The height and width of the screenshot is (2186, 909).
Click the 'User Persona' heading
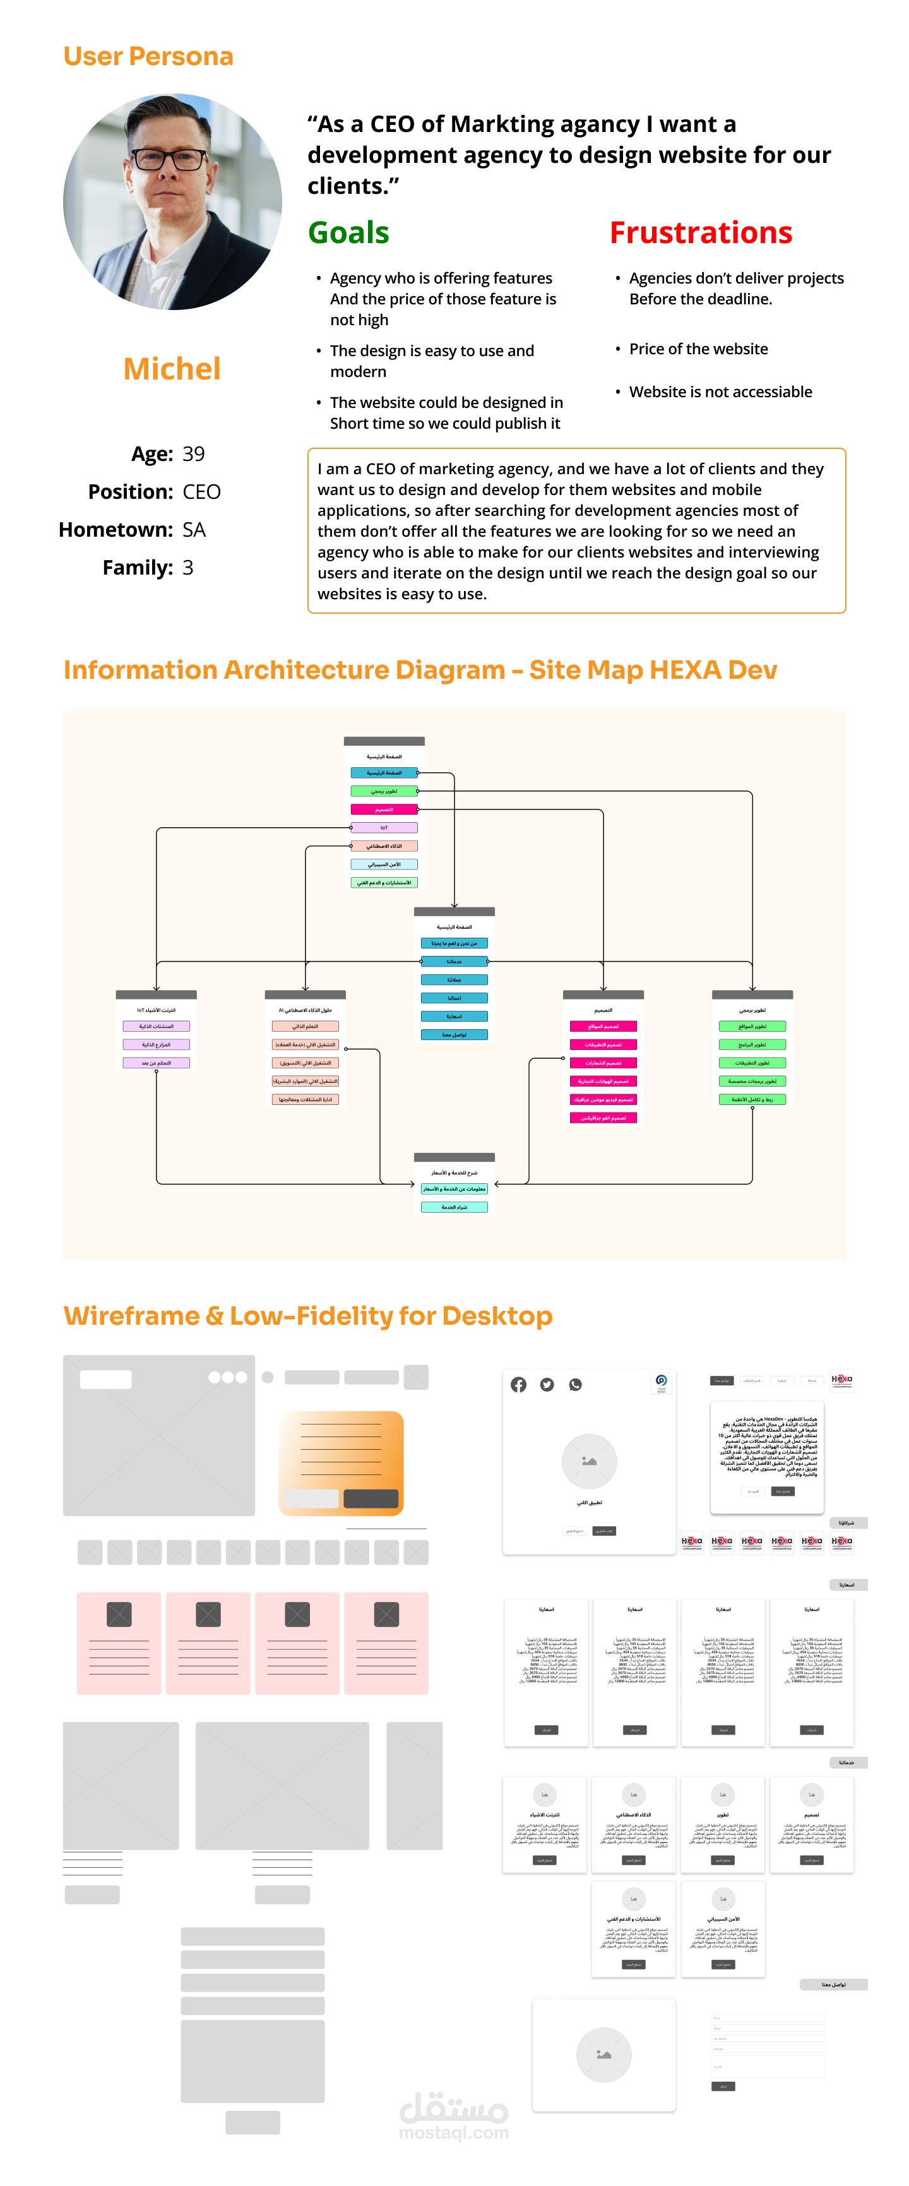[148, 56]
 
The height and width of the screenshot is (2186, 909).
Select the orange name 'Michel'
[172, 369]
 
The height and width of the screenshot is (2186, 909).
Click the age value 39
[194, 454]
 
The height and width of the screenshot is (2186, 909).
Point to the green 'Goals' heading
[348, 232]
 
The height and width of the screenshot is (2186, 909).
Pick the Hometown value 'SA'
[194, 530]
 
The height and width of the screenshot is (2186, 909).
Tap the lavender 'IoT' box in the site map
[384, 827]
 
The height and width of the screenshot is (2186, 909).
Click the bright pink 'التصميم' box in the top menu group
[384, 809]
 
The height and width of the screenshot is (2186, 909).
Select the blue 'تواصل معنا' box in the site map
[454, 1034]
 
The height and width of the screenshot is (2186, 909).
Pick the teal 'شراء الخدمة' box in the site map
[454, 1207]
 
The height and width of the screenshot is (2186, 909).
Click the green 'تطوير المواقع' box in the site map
[752, 1027]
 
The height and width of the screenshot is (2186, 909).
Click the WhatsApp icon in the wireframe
[576, 1385]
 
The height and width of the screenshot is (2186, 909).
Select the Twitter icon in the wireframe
[547, 1385]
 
